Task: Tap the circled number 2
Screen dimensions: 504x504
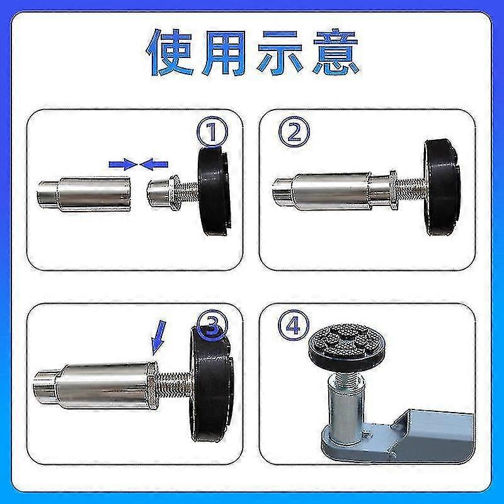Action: pos(294,133)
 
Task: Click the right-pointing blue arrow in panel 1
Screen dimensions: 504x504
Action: pos(123,164)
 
